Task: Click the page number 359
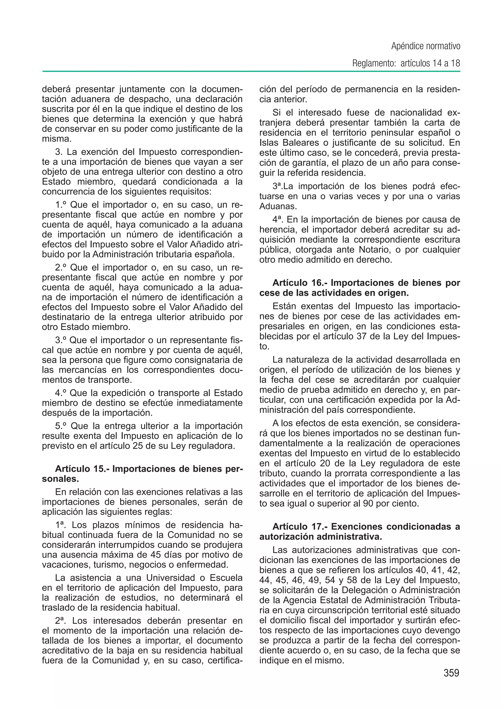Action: click(x=451, y=673)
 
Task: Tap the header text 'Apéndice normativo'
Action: click(x=426, y=46)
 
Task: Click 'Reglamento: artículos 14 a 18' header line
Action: click(x=406, y=64)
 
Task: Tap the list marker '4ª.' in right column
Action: click(x=278, y=219)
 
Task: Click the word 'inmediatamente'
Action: click(x=210, y=403)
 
